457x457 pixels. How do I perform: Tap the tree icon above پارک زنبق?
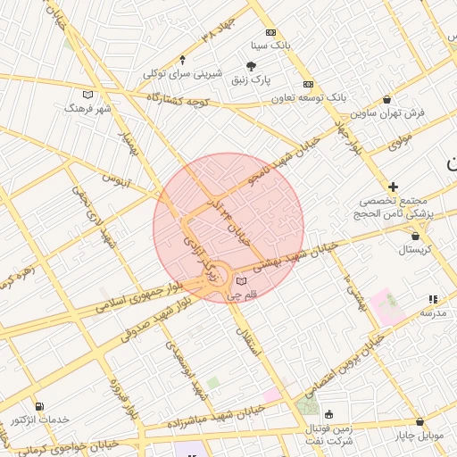tap(252, 66)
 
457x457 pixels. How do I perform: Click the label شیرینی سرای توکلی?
tap(170, 73)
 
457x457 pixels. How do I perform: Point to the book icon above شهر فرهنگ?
tap(87, 95)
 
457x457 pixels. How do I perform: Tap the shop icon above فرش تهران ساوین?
tap(386, 99)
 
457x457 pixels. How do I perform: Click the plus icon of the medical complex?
tap(394, 187)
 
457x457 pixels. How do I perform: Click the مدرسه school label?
tap(433, 312)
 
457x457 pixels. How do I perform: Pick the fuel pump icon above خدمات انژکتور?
tap(38, 406)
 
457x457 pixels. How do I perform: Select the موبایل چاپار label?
tap(419, 436)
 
